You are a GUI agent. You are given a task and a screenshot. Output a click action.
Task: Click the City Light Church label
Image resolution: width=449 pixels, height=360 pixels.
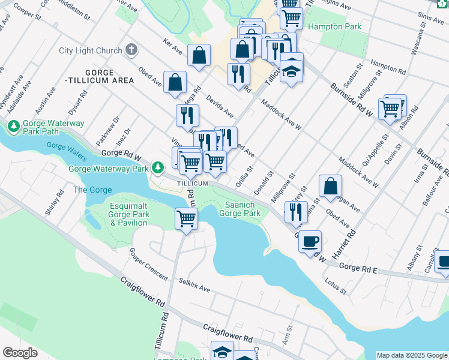(x=91, y=51)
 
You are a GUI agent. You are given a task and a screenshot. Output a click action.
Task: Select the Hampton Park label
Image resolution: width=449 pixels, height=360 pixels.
(x=334, y=27)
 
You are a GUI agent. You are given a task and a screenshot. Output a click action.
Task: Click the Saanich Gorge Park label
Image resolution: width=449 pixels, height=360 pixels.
(x=240, y=209)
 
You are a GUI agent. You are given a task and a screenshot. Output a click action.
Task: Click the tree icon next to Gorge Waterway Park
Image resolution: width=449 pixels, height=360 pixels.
(x=158, y=168)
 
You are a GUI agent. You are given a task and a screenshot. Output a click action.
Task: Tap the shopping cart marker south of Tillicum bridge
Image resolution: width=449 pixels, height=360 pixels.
(x=187, y=218)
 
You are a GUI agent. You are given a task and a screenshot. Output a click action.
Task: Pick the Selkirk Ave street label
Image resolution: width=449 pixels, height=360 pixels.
(x=194, y=285)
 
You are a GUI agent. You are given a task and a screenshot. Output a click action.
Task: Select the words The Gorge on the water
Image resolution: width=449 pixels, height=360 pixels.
(x=92, y=190)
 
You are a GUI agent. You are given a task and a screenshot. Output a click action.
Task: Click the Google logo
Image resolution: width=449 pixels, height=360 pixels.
(x=20, y=352)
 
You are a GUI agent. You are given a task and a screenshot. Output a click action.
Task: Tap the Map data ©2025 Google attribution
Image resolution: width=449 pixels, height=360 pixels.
(x=412, y=355)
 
